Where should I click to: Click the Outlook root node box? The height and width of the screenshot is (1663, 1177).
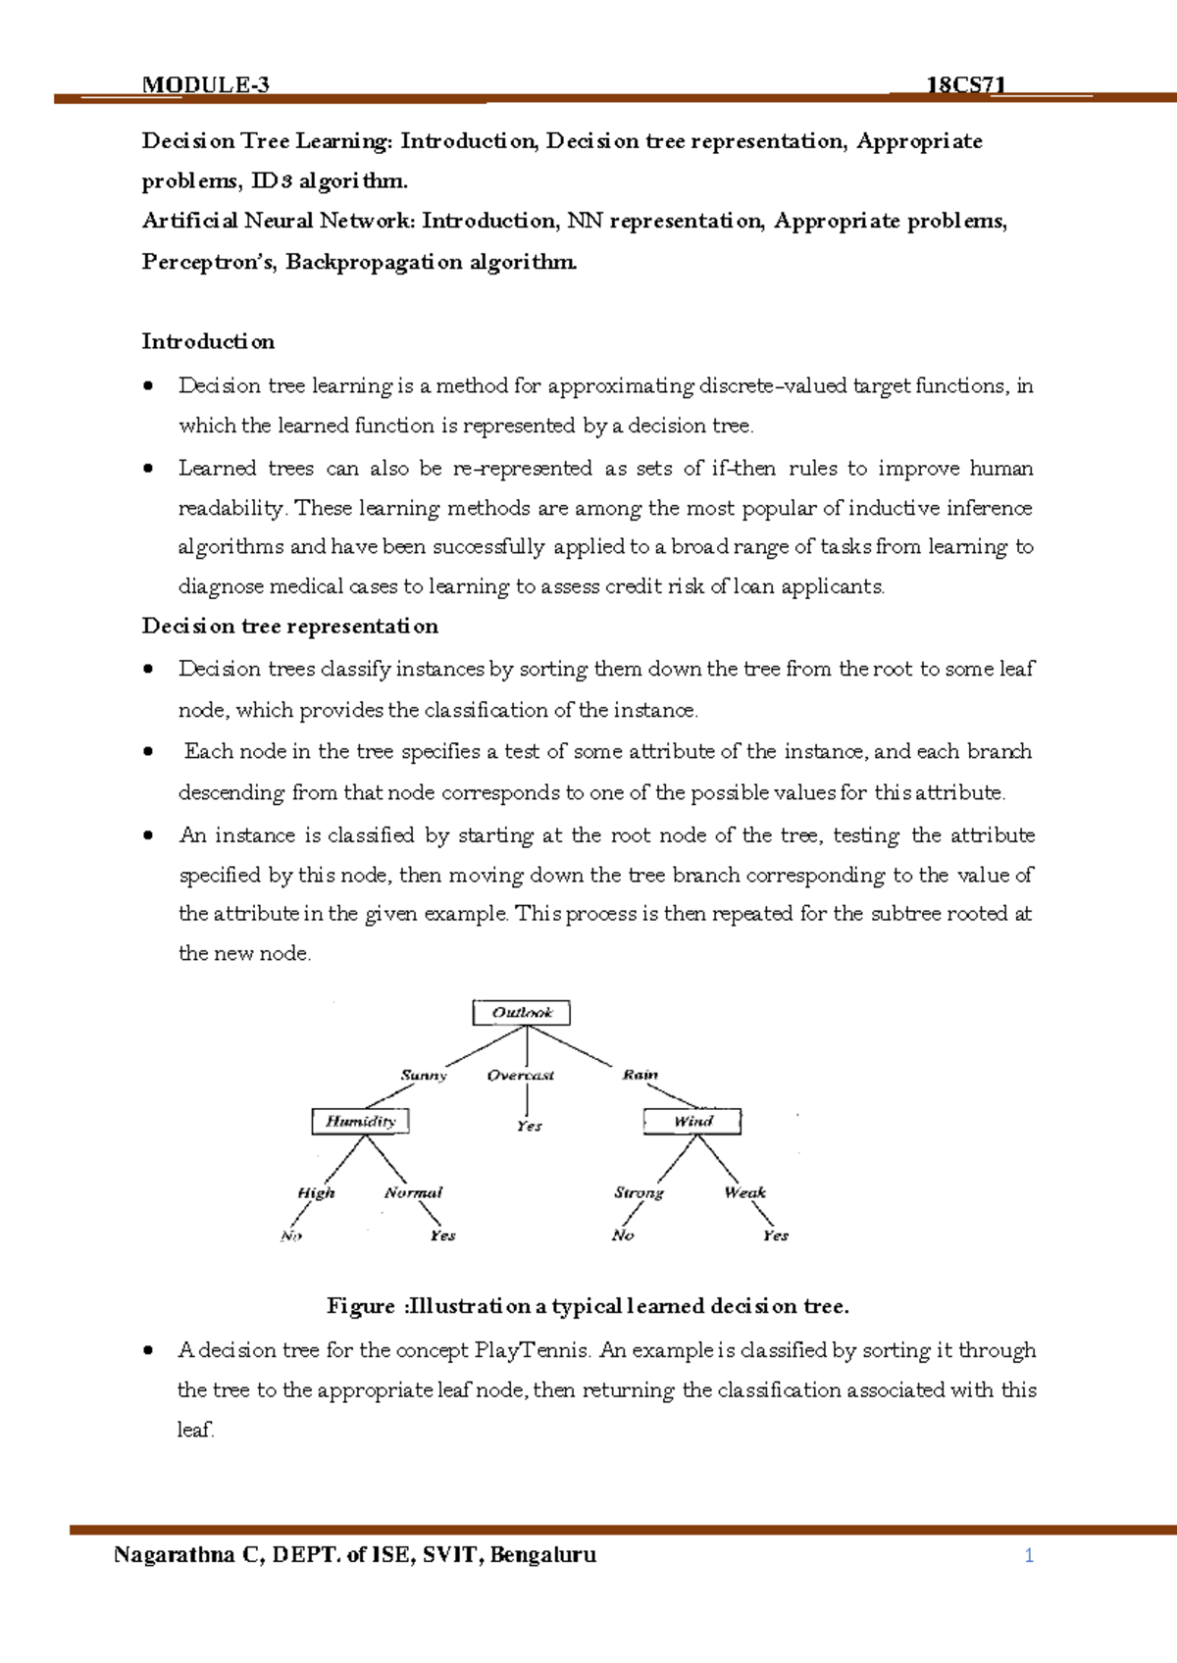pyautogui.click(x=521, y=1013)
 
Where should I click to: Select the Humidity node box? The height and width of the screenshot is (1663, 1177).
pyautogui.click(x=360, y=1121)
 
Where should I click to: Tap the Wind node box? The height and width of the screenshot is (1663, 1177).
pyautogui.click(x=692, y=1121)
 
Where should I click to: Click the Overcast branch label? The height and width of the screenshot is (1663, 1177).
pyautogui.click(x=521, y=1075)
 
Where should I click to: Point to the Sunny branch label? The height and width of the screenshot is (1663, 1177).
pyautogui.click(x=424, y=1075)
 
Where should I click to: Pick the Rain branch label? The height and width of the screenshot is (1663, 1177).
pyautogui.click(x=640, y=1075)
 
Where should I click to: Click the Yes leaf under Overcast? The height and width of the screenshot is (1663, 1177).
pyautogui.click(x=529, y=1127)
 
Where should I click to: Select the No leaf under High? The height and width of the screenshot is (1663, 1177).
pyautogui.click(x=291, y=1235)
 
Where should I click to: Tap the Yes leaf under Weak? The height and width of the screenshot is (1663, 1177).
pyautogui.click(x=775, y=1235)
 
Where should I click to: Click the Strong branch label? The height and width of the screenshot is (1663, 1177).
pyautogui.click(x=639, y=1192)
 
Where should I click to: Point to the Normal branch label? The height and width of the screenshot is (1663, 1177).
pyautogui.click(x=413, y=1192)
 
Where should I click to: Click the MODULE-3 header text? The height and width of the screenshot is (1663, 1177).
pyautogui.click(x=205, y=84)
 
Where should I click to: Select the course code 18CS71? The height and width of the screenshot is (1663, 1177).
pyautogui.click(x=966, y=84)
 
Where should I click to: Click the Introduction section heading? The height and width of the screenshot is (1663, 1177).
pyautogui.click(x=208, y=341)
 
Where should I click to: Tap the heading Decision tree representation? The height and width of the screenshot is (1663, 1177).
pyautogui.click(x=289, y=626)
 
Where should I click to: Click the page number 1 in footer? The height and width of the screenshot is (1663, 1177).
pyautogui.click(x=1029, y=1555)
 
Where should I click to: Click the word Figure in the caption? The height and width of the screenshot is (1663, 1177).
pyautogui.click(x=360, y=1306)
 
